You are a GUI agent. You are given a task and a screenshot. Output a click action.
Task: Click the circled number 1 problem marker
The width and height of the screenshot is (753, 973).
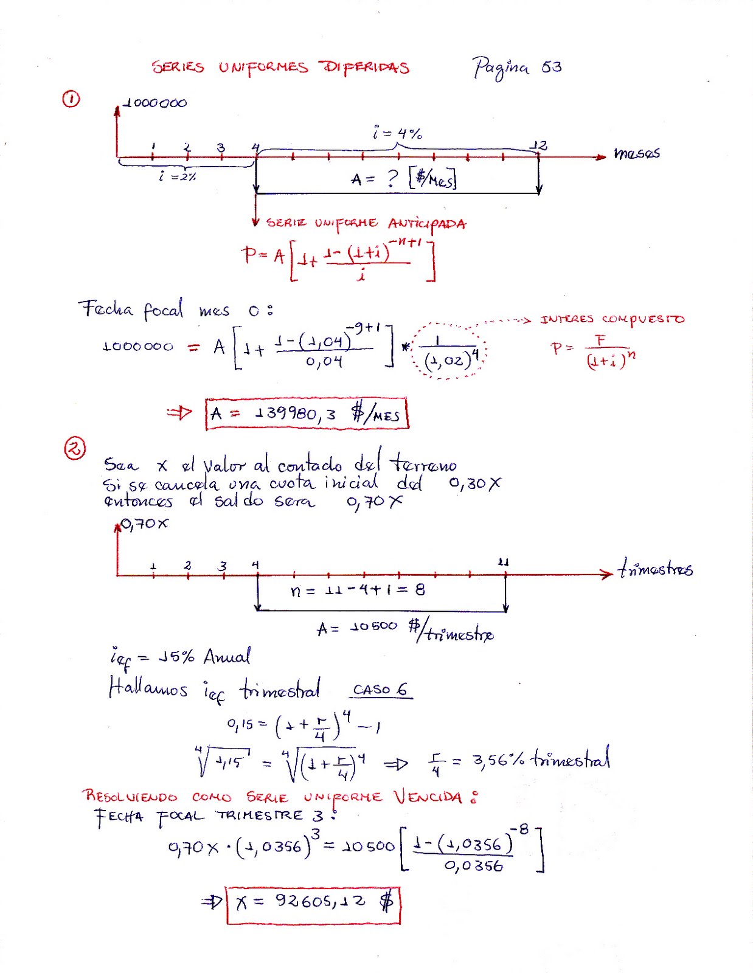(x=71, y=99)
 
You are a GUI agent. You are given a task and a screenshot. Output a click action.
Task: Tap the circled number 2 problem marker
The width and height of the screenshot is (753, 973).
(x=74, y=449)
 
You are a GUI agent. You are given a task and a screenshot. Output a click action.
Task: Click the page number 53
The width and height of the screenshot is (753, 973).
(x=551, y=66)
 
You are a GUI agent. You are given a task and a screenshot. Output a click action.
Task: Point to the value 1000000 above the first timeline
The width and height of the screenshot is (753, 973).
(x=155, y=103)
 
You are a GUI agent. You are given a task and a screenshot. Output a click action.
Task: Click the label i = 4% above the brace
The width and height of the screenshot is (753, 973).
(x=398, y=133)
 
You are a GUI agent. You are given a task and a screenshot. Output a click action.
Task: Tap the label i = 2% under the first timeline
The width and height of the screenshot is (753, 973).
(x=177, y=177)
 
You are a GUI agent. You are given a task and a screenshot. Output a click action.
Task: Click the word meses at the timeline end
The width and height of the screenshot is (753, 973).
(x=636, y=153)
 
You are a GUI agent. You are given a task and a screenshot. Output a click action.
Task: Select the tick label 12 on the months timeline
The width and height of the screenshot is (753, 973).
(x=538, y=145)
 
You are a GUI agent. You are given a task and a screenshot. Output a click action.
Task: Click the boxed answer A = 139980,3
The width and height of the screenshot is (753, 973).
(x=307, y=414)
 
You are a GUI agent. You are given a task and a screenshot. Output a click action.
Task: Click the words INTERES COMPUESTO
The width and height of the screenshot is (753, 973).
(x=612, y=319)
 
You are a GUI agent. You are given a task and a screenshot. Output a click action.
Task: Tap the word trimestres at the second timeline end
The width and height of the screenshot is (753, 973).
(x=655, y=569)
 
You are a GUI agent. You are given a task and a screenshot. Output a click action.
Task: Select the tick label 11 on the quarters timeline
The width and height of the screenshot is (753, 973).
(x=503, y=562)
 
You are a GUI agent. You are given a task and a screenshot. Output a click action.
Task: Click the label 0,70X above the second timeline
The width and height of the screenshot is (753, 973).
(x=144, y=524)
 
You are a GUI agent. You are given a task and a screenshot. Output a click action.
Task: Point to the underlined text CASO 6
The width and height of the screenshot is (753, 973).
(x=380, y=690)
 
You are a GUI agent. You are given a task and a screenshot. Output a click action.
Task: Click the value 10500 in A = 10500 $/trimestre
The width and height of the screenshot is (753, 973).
(x=373, y=626)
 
